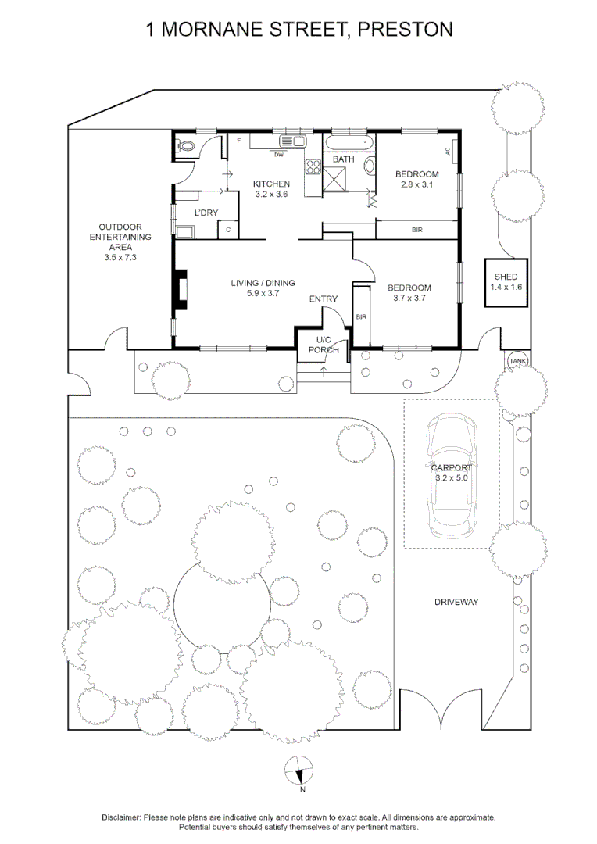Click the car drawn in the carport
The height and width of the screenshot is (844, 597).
tap(452, 475)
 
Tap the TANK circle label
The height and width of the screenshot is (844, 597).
tap(518, 361)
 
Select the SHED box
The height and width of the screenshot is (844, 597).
tap(506, 283)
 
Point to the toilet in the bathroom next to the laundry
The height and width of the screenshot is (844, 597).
tap(187, 145)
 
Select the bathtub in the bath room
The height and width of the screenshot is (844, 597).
tap(349, 143)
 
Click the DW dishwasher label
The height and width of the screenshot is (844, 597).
tap(279, 155)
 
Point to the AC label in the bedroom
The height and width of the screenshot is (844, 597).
tap(448, 152)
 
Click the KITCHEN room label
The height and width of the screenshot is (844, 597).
tap(271, 184)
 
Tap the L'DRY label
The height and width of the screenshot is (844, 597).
tap(206, 213)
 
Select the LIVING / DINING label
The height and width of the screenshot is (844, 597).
tap(263, 283)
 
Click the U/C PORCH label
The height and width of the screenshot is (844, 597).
tap(324, 345)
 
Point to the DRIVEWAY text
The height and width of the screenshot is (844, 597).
tap(456, 602)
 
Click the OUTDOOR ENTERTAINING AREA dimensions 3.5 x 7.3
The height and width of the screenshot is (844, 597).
tap(120, 257)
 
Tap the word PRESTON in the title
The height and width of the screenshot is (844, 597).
tap(405, 30)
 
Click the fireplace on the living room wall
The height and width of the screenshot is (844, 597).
tap(181, 289)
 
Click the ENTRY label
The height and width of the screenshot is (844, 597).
tap(323, 299)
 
